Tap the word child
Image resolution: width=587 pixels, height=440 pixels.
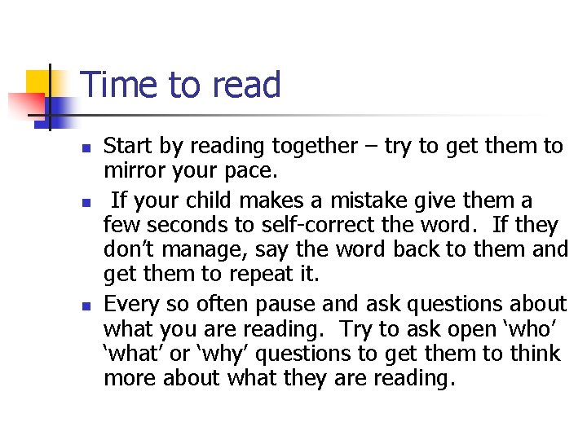point(219,200)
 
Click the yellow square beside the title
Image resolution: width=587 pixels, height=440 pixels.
point(38,83)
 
